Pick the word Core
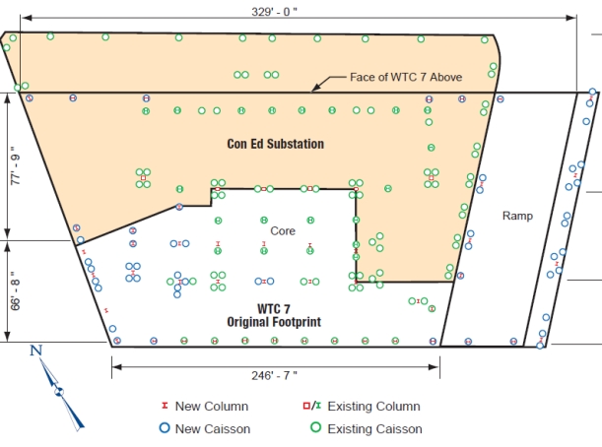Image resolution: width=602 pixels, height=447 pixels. tap(283, 230)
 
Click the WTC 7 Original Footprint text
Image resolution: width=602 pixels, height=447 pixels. tap(276, 315)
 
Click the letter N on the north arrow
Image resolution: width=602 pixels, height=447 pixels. tap(36, 351)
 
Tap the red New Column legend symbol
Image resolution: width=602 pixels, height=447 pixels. tap(164, 406)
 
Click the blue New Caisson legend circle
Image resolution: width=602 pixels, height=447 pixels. tap(164, 428)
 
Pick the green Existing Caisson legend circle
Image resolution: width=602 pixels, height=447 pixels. tap(316, 428)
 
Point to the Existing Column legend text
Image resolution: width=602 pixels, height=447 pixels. tap(373, 406)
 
